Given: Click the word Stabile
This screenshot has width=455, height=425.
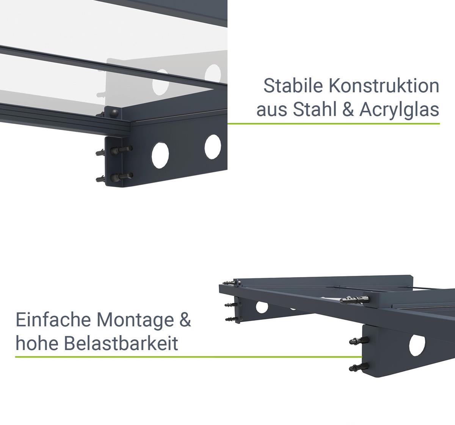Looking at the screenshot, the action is click(293, 86).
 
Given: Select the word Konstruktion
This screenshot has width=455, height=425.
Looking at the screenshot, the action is click(384, 86).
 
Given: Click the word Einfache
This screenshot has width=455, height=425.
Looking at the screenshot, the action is click(53, 320).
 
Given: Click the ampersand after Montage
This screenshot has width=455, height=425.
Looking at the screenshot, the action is click(185, 320).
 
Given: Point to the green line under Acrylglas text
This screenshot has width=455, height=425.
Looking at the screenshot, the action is click(334, 124).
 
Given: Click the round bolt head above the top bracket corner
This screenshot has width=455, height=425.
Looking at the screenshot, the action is click(115, 113).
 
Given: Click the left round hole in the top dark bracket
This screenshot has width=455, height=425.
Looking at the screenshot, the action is click(160, 155).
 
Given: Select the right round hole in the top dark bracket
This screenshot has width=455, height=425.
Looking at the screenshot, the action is click(213, 147).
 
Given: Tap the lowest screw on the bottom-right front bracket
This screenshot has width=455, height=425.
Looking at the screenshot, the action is click(359, 367).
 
